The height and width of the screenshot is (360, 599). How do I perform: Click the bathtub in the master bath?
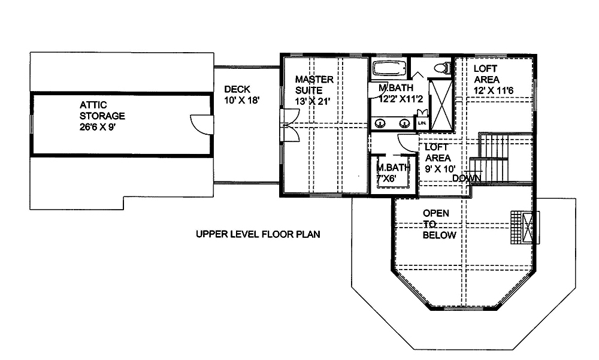(x=390, y=68)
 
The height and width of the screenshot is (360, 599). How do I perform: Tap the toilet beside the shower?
(x=442, y=68)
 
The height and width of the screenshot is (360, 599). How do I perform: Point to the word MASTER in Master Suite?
(x=314, y=79)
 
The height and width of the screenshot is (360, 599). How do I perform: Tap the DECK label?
(x=237, y=89)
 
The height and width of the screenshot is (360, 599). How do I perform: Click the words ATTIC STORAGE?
(x=102, y=110)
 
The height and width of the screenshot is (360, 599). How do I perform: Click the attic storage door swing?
(x=199, y=123)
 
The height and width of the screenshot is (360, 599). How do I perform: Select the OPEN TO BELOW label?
(x=440, y=224)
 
